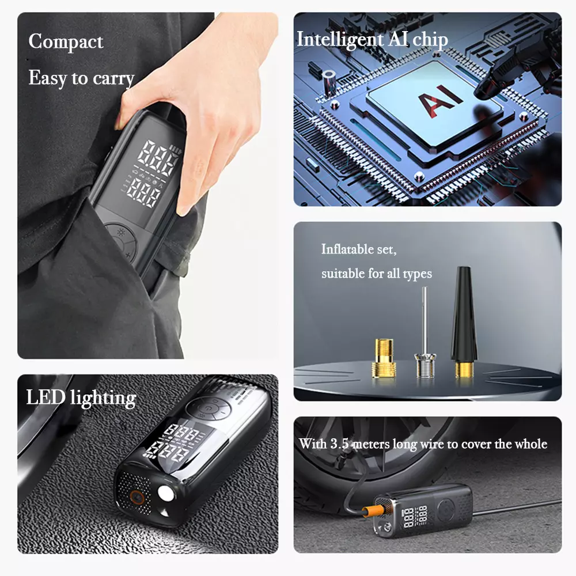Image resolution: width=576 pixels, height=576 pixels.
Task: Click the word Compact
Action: tap(66, 41)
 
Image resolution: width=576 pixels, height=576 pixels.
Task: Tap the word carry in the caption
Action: tap(114, 78)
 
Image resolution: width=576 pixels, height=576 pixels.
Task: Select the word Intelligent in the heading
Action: tap(340, 39)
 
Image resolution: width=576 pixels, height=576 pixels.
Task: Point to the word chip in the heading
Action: tap(430, 39)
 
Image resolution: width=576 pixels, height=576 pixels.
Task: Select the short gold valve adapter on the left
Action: tap(384, 358)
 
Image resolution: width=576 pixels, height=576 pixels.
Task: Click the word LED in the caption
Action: tap(46, 397)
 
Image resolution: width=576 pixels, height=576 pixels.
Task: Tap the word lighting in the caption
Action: tap(103, 398)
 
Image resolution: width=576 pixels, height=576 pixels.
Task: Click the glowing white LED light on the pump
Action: tap(166, 494)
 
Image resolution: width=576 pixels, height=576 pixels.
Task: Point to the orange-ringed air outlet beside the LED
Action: tap(137, 498)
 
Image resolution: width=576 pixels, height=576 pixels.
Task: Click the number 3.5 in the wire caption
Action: tap(339, 444)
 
